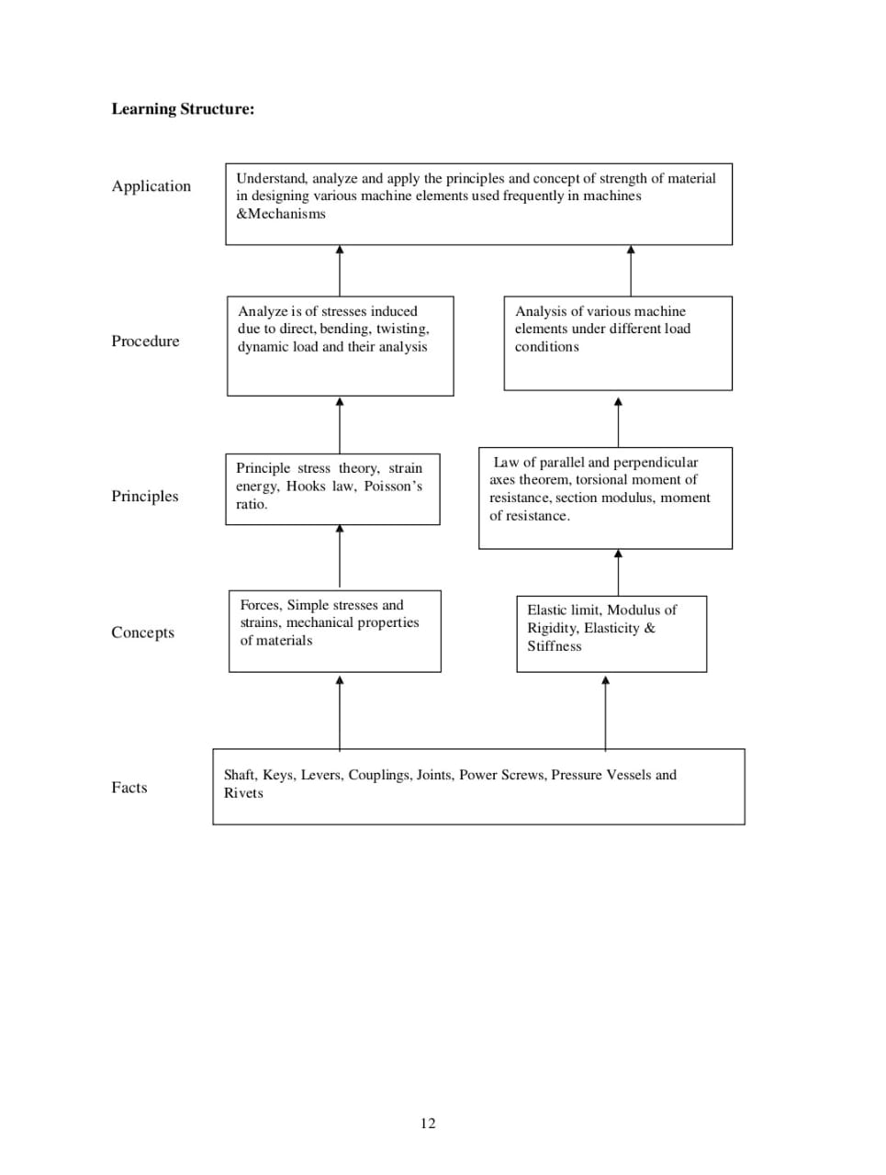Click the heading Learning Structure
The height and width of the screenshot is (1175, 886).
183,109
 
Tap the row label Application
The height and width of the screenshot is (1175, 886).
151,186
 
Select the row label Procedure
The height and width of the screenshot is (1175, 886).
145,341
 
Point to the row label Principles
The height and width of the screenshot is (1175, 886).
145,497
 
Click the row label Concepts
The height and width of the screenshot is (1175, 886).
142,632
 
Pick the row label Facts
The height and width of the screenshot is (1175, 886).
129,788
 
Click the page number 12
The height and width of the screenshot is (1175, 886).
428,1124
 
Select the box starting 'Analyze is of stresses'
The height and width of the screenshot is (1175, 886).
340,345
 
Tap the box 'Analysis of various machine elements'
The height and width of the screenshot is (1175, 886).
618,342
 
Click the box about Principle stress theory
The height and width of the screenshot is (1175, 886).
332,488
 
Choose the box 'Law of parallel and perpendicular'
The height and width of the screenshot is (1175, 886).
605,498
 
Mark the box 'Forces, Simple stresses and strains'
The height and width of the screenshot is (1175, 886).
334,631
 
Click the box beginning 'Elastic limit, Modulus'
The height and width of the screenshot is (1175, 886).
611,634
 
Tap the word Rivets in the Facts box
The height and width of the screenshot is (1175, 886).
243,793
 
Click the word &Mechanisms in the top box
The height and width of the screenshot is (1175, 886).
281,214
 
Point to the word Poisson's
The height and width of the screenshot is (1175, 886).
393,486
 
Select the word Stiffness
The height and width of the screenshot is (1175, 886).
555,646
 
